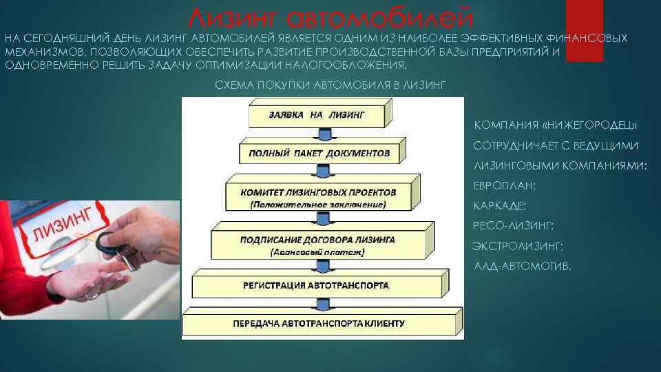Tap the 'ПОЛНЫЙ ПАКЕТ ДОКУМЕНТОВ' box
(319, 153)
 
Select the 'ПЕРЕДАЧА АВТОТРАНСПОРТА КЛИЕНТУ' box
(318, 323)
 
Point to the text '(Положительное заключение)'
(318, 205)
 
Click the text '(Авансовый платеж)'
(317, 252)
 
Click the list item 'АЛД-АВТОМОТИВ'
(523, 266)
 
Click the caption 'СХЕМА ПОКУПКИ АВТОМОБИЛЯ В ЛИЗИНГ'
(330, 85)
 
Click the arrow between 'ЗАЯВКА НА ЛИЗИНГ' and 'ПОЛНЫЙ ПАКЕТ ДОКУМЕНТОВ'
(319, 134)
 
